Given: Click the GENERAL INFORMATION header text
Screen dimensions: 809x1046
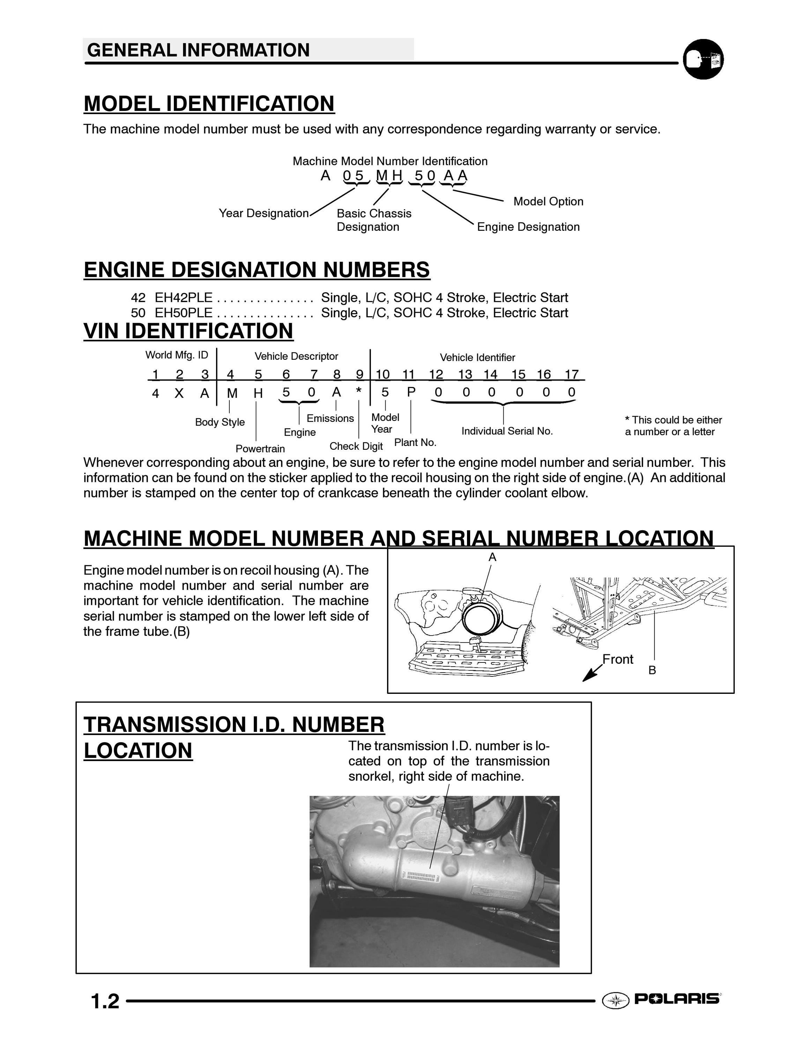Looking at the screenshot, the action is coord(199,50).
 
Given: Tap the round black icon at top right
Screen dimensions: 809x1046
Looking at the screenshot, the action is coord(703,59).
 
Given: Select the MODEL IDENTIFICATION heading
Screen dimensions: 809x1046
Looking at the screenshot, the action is coord(209,104).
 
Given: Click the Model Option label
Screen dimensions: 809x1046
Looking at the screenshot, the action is coord(548,201).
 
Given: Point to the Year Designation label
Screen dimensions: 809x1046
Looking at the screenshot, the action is coord(264,213).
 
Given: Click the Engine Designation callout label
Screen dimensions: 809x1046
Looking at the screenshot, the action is coord(528,227).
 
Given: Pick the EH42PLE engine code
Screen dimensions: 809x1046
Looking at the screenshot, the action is coord(183,297).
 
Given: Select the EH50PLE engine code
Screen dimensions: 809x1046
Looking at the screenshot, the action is coord(183,313).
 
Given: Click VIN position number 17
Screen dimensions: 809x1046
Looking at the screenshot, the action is coord(572,374).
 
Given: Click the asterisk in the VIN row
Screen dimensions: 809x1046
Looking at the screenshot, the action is coord(358,391).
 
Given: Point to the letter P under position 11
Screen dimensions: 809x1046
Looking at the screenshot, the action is coord(411,392).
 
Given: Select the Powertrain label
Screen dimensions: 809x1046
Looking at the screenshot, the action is coord(260,449).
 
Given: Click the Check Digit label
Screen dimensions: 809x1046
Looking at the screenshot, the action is coord(356,446).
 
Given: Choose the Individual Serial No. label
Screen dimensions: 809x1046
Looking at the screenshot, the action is coord(507,431).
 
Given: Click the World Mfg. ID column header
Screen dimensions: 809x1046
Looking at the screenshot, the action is coord(177,355).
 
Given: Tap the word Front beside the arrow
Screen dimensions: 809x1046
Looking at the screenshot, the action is coord(618,659).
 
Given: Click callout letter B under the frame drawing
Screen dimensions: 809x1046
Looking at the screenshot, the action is coord(652,670).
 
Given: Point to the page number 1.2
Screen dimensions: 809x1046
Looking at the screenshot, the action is coord(105,1001).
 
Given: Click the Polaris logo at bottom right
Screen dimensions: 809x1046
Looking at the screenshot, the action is coord(661,999).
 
